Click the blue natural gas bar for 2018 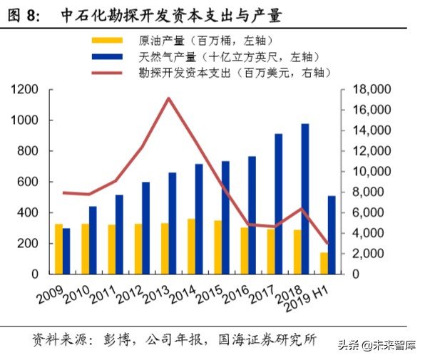point(305,199)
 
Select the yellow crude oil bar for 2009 point(58,249)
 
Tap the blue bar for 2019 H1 point(332,235)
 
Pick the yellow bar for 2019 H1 point(323,263)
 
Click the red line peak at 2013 point(168,98)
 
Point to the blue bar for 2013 point(173,223)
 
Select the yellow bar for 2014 point(190,246)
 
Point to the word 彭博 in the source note point(119,339)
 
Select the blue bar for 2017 point(278,204)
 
